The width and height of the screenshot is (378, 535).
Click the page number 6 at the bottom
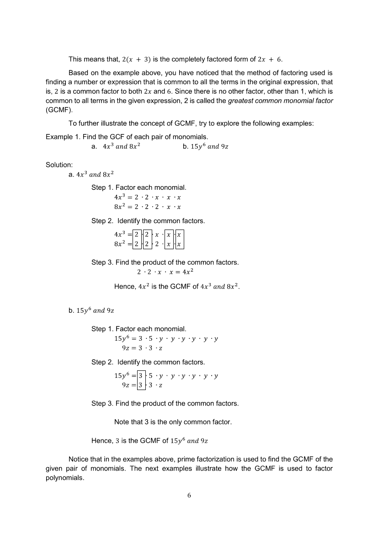coord(189,495)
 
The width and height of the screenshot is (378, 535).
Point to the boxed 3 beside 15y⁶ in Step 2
coord(142,376)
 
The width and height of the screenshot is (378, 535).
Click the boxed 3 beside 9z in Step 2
coord(142,385)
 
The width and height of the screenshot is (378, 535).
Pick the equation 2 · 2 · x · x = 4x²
coord(165,272)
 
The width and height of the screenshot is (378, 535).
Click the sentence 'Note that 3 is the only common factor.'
coord(173,422)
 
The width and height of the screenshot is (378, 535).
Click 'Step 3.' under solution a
coord(102,262)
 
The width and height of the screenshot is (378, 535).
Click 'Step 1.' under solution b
coord(102,329)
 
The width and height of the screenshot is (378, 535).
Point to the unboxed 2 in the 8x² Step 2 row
coord(157,244)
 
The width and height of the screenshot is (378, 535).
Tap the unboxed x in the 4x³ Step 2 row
coord(157,235)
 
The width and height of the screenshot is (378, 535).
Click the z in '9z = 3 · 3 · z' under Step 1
coord(161,348)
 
